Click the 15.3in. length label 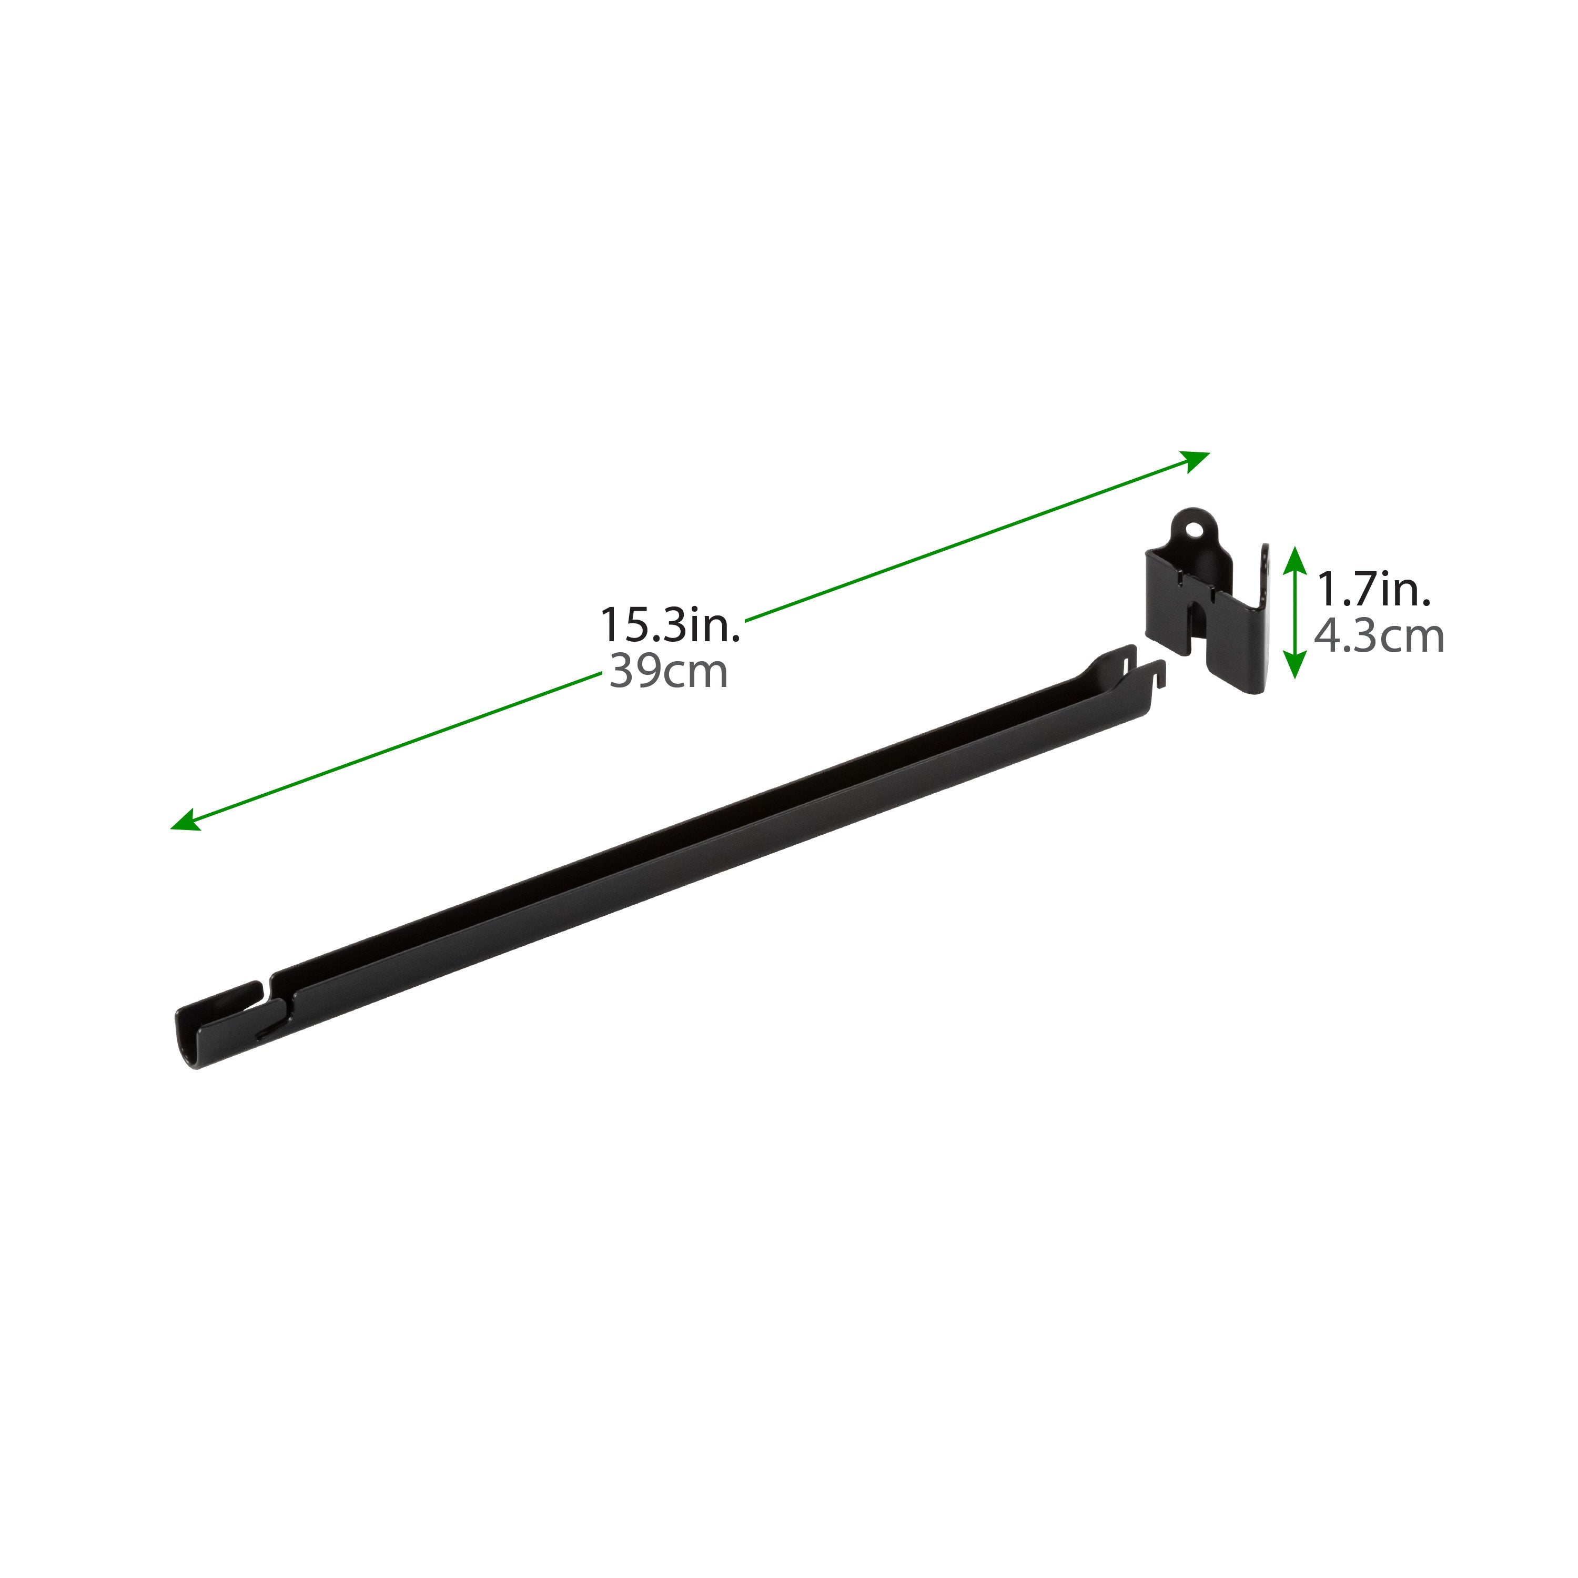pyautogui.click(x=670, y=625)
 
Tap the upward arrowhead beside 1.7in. pyautogui.click(x=1294, y=559)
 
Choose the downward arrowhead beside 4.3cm pyautogui.click(x=1294, y=668)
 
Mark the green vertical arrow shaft pyautogui.click(x=1294, y=613)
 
